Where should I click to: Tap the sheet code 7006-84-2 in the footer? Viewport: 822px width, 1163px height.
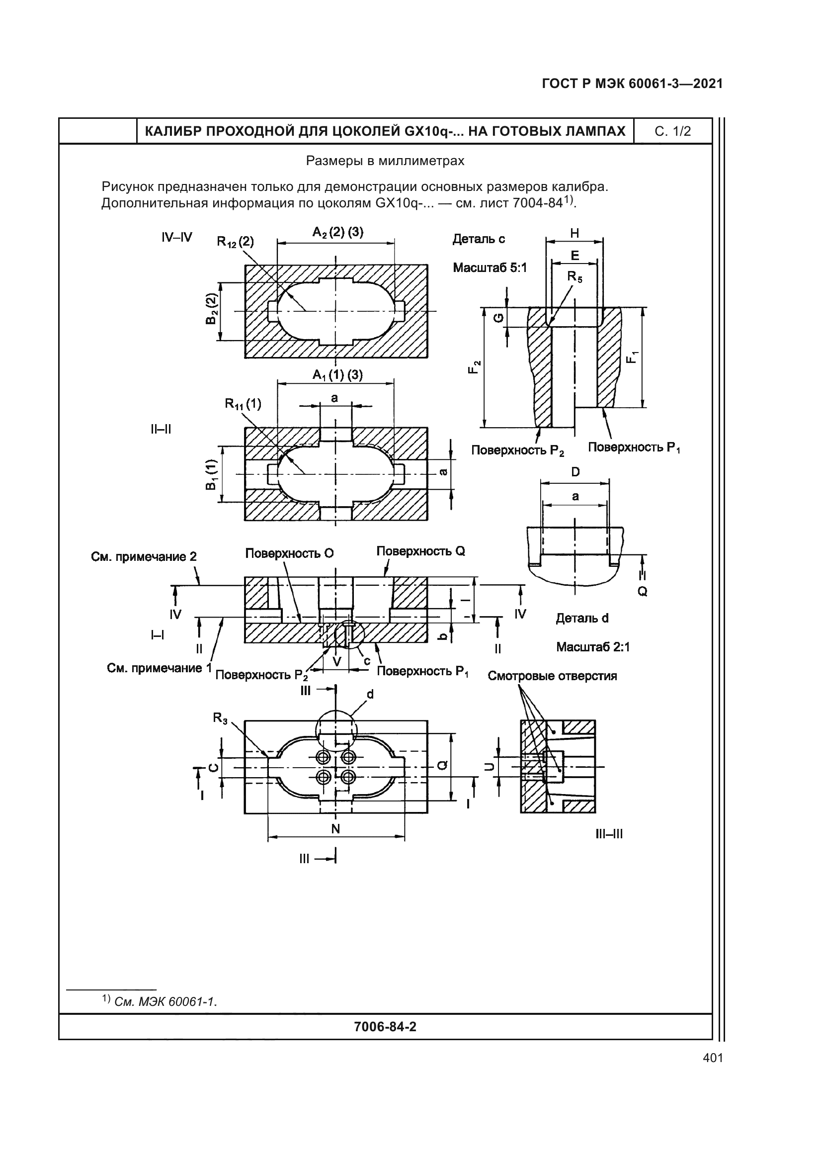pos(385,1027)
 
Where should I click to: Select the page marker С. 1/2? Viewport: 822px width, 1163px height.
pos(673,132)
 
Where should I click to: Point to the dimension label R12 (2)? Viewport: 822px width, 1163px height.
pos(236,242)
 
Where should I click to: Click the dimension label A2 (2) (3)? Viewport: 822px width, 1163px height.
pos(337,233)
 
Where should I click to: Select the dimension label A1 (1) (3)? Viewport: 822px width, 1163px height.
pos(337,375)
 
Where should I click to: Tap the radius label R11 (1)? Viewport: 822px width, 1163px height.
pos(243,404)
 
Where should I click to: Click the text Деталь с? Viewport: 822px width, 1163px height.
pos(478,239)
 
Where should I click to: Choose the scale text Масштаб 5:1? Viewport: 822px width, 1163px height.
pos(490,268)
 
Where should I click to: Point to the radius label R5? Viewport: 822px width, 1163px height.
pos(575,276)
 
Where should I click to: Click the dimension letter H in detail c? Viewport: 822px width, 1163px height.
pos(575,234)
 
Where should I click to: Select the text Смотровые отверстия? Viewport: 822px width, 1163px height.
pos(552,676)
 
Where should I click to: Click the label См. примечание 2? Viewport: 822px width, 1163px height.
pos(144,557)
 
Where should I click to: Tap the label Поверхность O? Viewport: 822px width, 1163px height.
pos(290,553)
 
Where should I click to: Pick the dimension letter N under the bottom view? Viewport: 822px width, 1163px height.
pos(335,829)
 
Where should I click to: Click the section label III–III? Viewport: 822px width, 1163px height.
pos(609,834)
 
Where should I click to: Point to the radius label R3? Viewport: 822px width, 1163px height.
pos(220,718)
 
